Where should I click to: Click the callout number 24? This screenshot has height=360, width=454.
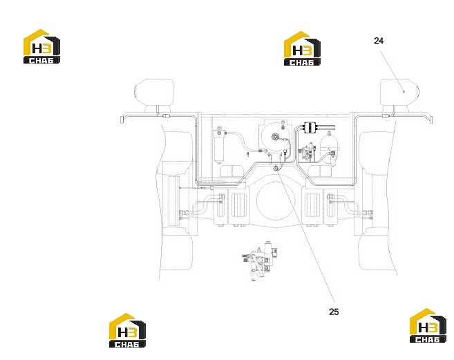379,41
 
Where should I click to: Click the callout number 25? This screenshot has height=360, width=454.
334,312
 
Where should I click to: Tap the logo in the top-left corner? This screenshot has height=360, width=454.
41,46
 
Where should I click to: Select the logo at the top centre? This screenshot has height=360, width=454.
302,48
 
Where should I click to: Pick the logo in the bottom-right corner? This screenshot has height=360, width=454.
428,326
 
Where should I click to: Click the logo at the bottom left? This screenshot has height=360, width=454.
127,330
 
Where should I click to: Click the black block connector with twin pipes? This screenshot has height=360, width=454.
309,127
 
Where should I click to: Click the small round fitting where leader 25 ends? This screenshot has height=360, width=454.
276,168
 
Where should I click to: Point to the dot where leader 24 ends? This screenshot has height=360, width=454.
404,92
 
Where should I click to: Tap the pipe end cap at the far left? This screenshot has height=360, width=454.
122,120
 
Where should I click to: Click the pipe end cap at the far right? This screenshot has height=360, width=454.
431,120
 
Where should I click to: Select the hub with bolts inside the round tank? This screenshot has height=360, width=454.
275,136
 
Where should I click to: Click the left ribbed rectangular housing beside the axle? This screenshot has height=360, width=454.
239,205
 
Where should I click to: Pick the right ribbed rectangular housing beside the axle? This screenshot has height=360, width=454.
312,205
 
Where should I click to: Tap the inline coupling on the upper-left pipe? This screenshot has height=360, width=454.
167,116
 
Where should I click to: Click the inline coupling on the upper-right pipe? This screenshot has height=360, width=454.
386,116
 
